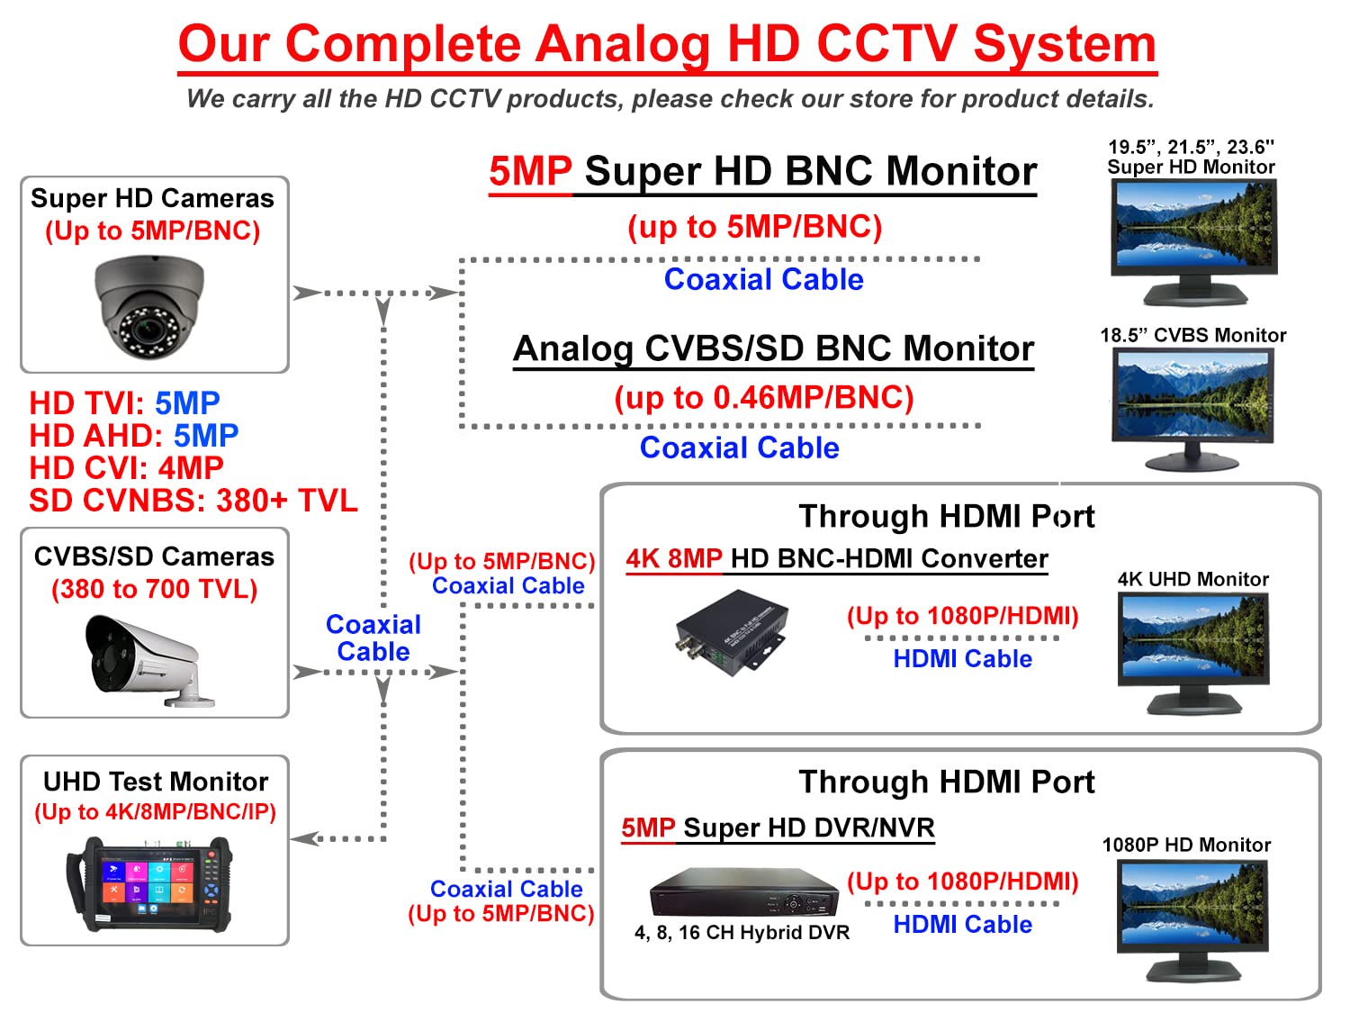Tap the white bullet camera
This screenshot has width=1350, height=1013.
pyautogui.click(x=148, y=661)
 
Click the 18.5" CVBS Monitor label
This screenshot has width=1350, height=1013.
pyautogui.click(x=1192, y=336)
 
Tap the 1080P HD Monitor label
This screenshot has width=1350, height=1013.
pyautogui.click(x=1186, y=845)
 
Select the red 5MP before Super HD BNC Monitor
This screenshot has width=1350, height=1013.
pyautogui.click(x=530, y=171)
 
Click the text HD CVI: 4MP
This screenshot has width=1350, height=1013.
pyautogui.click(x=126, y=468)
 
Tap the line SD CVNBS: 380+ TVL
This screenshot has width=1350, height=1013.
pyautogui.click(x=193, y=501)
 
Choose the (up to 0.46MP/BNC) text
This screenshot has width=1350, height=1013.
pyautogui.click(x=763, y=397)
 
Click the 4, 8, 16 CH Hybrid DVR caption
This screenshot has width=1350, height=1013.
pyautogui.click(x=742, y=933)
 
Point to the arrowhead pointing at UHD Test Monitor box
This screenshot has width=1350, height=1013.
pyautogui.click(x=304, y=838)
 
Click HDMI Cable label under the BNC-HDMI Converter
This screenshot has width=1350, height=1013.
pyautogui.click(x=962, y=659)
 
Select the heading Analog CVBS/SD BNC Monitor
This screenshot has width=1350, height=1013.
pyautogui.click(x=773, y=348)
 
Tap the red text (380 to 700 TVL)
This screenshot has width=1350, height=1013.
pyautogui.click(x=154, y=589)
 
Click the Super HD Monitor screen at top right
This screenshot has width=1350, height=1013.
pyautogui.click(x=1194, y=227)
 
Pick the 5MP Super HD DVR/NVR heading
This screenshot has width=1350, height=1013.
pyautogui.click(x=778, y=828)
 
